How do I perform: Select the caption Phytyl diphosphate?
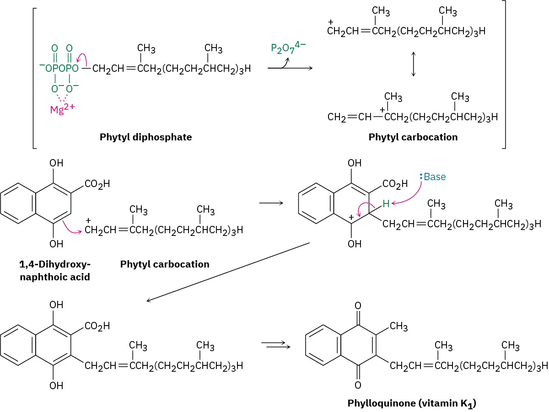(x=146, y=137)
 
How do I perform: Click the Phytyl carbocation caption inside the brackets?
(x=413, y=137)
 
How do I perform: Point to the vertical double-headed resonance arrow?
(x=414, y=64)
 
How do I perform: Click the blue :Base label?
(x=433, y=177)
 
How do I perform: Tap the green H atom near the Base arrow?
(x=386, y=204)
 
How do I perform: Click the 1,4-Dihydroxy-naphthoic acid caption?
(x=55, y=270)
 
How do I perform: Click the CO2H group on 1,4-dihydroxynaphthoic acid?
(x=97, y=184)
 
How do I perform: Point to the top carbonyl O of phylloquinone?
(x=358, y=305)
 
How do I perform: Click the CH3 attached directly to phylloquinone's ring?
(x=398, y=326)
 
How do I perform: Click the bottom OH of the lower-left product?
(x=56, y=386)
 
